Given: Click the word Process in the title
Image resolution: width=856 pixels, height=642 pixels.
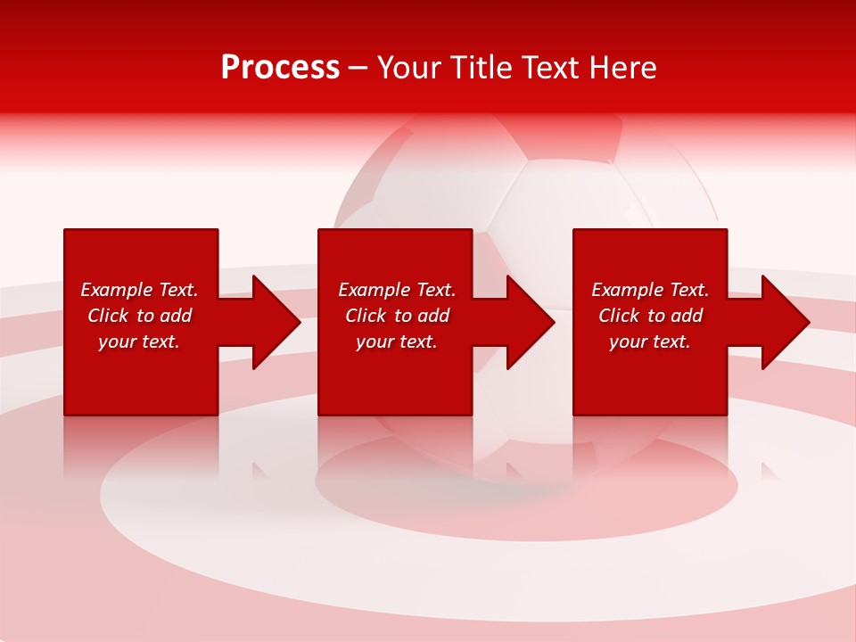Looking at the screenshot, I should pyautogui.click(x=280, y=68).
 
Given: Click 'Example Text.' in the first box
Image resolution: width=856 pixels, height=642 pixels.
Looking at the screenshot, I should pyautogui.click(x=139, y=290).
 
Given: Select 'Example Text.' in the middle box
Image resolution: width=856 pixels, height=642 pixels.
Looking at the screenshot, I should pyautogui.click(x=397, y=290).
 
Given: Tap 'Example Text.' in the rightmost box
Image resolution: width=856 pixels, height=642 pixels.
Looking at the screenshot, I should pyautogui.click(x=650, y=290).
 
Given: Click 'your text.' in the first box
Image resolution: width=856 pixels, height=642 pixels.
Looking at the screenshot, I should pyautogui.click(x=139, y=342).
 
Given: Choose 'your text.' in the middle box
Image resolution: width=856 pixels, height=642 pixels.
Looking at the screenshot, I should pyautogui.click(x=397, y=342).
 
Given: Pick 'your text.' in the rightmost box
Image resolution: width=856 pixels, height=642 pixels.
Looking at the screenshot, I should pyautogui.click(x=650, y=342).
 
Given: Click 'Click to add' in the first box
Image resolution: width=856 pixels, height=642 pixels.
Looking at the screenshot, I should pyautogui.click(x=139, y=316).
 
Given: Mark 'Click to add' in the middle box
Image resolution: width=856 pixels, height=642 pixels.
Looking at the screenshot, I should pyautogui.click(x=397, y=316).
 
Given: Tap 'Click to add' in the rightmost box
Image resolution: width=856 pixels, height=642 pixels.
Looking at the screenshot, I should pyautogui.click(x=650, y=316).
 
